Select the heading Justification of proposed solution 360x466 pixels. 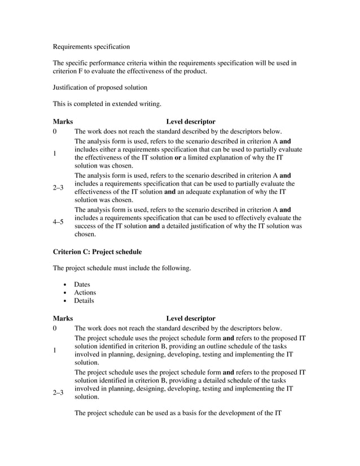pyautogui.click(x=100, y=87)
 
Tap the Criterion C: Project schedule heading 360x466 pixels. pyautogui.click(x=97, y=251)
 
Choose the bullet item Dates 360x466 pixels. pyautogui.click(x=82, y=284)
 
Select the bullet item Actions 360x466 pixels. pyautogui.click(x=85, y=292)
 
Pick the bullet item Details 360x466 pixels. pyautogui.click(x=84, y=301)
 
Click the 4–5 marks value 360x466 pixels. pyautogui.click(x=58, y=222)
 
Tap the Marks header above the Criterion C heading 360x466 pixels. pyautogui.click(x=63, y=121)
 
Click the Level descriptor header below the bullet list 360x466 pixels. pyautogui.click(x=190, y=318)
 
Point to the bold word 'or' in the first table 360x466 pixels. pyautogui.click(x=178, y=157)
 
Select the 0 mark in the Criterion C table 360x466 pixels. pyautogui.click(x=55, y=328)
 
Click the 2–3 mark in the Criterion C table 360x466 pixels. pyautogui.click(x=58, y=392)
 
